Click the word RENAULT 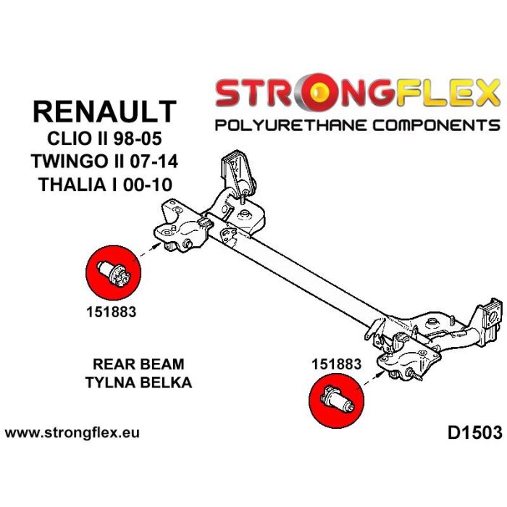(105, 112)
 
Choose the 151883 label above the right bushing (335, 364)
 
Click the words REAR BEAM (138, 364)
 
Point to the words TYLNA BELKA (138, 382)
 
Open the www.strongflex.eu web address (72, 433)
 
